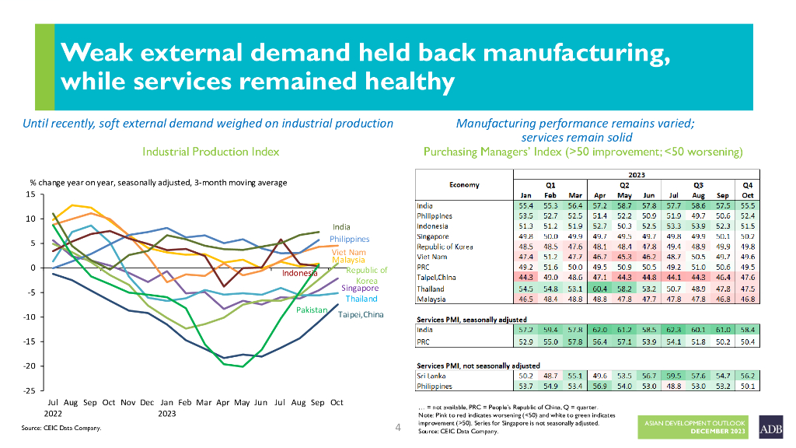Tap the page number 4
[398, 428]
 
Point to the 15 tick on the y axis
[32, 194]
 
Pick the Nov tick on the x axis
[128, 402]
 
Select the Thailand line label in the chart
[361, 299]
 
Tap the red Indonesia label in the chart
[300, 274]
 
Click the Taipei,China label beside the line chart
[361, 314]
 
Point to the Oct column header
[747, 194]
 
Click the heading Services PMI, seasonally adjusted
[472, 320]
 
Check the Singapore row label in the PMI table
[433, 235]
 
